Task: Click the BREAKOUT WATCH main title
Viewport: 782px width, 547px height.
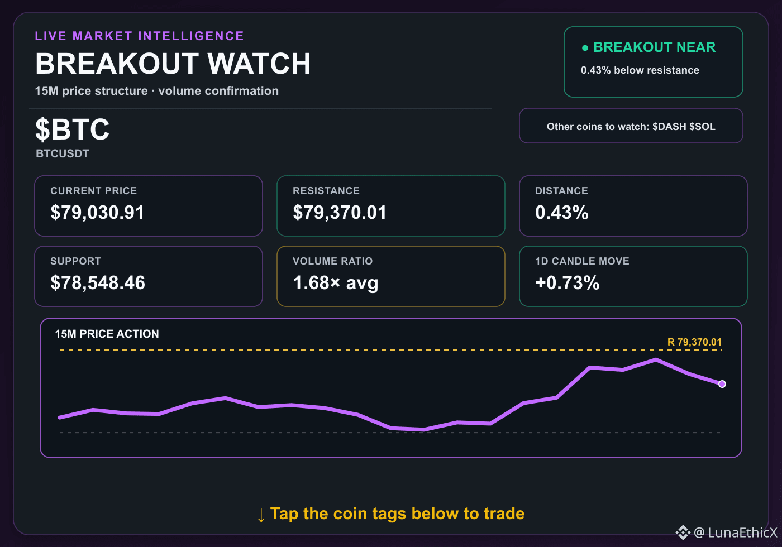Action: [x=173, y=64]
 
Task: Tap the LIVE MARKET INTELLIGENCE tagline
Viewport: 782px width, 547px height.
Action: [x=139, y=36]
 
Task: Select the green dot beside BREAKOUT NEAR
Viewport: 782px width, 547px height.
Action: [x=585, y=48]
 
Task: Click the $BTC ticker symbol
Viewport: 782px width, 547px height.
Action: [x=72, y=129]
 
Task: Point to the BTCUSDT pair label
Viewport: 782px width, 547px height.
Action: [x=63, y=153]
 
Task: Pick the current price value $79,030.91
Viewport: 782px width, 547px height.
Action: [x=97, y=213]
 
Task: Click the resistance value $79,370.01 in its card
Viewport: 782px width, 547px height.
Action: [x=340, y=213]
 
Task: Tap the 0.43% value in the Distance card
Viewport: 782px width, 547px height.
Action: [x=562, y=213]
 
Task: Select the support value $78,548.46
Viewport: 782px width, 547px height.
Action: [x=97, y=282]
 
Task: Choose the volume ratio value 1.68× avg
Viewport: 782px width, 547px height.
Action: [x=336, y=283]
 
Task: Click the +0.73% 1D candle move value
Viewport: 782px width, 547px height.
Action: [x=568, y=282]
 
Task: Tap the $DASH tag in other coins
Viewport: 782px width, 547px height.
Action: [x=669, y=127]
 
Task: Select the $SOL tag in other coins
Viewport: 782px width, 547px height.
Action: [x=703, y=127]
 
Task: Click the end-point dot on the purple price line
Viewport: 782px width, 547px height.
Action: [x=722, y=384]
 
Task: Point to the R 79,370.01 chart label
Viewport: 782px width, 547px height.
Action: [x=694, y=342]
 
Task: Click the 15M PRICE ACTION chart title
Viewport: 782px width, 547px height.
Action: [x=107, y=334]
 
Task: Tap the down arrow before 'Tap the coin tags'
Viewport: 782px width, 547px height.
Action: [x=261, y=515]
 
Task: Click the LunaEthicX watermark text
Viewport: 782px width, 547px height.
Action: [x=742, y=532]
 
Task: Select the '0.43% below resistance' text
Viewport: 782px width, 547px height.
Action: [x=640, y=70]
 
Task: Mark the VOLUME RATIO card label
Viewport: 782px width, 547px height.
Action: [x=333, y=261]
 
